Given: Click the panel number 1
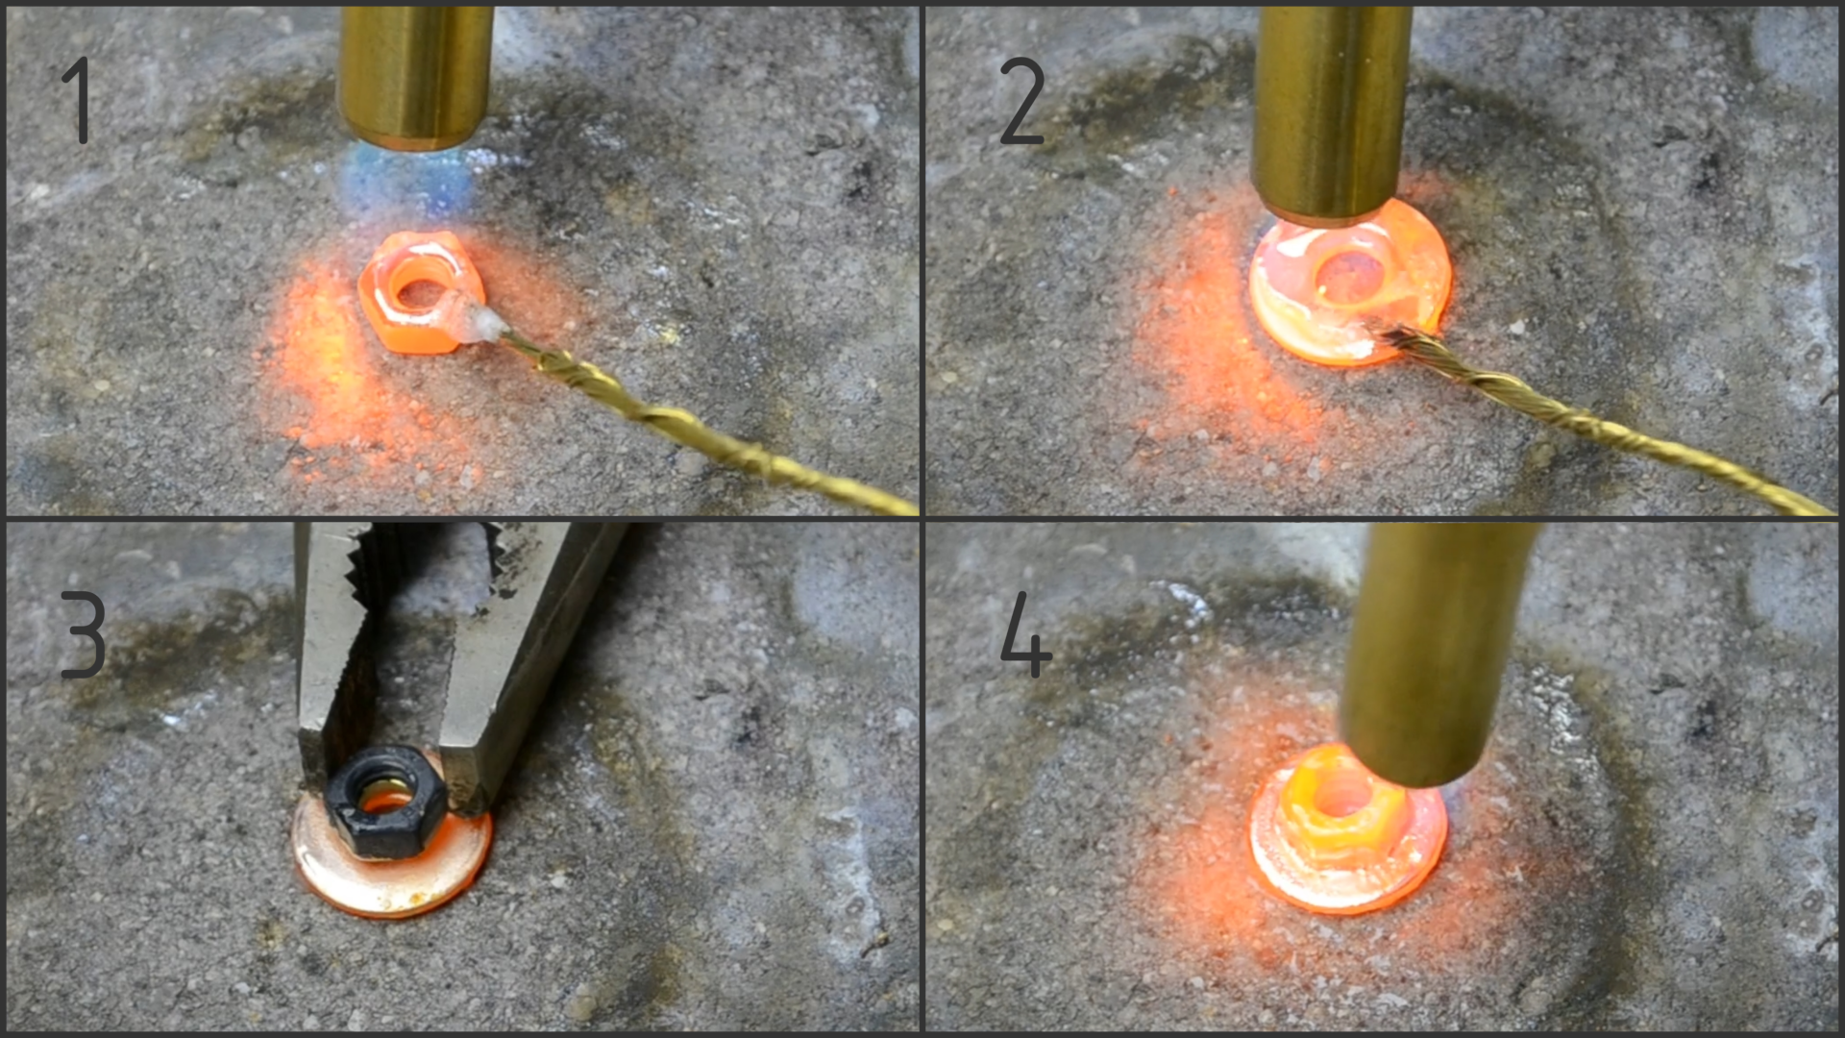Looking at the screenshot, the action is point(77,100).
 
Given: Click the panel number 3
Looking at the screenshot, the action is point(83,634).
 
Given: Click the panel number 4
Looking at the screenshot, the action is point(1025,634).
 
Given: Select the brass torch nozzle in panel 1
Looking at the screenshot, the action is point(415,77).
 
